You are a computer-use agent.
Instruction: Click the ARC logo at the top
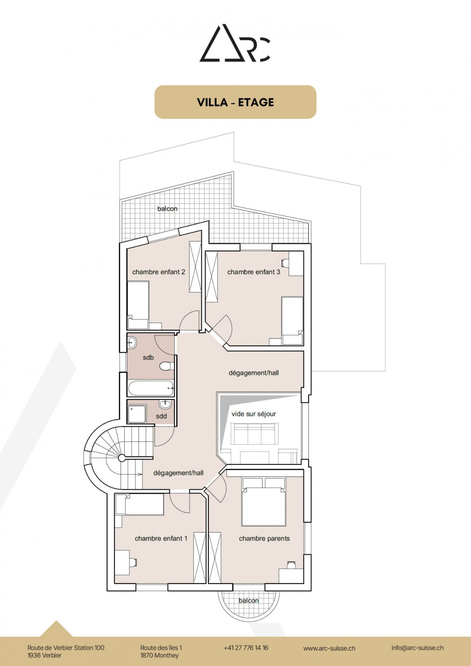(235, 44)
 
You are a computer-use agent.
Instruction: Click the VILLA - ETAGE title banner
(235, 102)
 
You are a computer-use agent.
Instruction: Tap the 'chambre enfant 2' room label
(158, 272)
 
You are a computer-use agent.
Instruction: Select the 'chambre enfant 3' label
(254, 272)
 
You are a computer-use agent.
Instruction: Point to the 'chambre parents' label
(265, 538)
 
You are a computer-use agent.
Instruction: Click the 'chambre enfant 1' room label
(161, 538)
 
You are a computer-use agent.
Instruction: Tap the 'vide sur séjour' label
(254, 414)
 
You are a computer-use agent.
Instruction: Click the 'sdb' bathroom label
(148, 357)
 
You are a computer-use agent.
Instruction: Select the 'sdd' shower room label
(161, 416)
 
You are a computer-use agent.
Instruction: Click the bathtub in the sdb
(151, 388)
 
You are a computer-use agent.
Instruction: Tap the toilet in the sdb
(167, 366)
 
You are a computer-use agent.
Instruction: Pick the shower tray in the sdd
(137, 414)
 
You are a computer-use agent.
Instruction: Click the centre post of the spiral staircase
(122, 458)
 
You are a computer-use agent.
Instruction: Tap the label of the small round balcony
(248, 600)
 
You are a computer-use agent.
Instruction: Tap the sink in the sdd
(165, 404)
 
